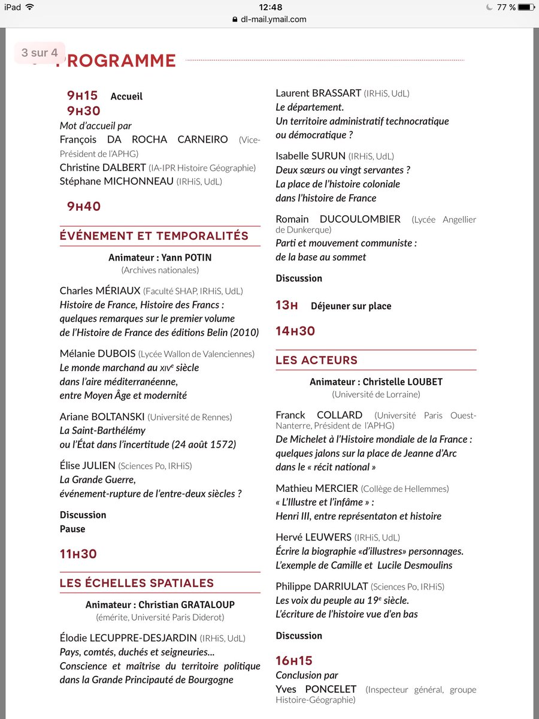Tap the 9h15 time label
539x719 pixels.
(x=82, y=96)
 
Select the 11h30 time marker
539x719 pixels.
(x=78, y=554)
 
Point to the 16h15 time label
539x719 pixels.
(x=294, y=661)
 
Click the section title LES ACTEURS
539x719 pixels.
(x=316, y=360)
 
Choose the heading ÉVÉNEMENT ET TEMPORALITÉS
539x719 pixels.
(x=154, y=236)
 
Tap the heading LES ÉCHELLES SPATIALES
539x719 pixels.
(x=137, y=583)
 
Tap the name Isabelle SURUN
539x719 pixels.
(x=311, y=156)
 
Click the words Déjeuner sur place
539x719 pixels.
(x=351, y=306)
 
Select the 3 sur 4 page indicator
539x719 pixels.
(x=40, y=53)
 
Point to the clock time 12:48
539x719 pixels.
(x=269, y=7)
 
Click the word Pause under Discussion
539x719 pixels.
(x=72, y=529)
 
